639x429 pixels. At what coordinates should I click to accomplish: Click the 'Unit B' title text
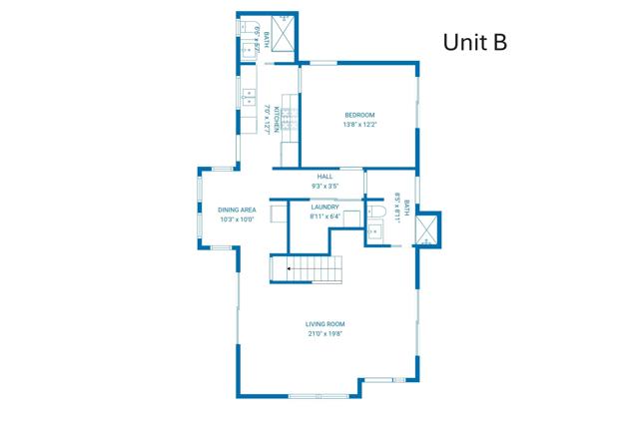(476, 42)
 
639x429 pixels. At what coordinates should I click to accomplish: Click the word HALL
(325, 177)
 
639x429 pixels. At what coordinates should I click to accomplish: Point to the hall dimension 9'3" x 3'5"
(325, 187)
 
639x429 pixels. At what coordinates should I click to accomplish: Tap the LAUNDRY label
(325, 207)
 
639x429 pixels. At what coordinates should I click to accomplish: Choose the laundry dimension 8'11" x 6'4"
(325, 216)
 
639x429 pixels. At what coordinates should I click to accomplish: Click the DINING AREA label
(238, 210)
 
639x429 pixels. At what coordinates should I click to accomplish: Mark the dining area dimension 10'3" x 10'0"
(238, 219)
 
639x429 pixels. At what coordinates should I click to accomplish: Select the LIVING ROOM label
(325, 324)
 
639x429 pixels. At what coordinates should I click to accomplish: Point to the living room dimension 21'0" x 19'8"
(325, 334)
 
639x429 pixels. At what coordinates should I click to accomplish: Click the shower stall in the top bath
(284, 35)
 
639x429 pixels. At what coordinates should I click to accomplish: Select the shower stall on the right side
(427, 230)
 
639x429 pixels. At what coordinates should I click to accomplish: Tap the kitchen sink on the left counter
(247, 98)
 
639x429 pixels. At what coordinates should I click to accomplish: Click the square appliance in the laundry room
(279, 213)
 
